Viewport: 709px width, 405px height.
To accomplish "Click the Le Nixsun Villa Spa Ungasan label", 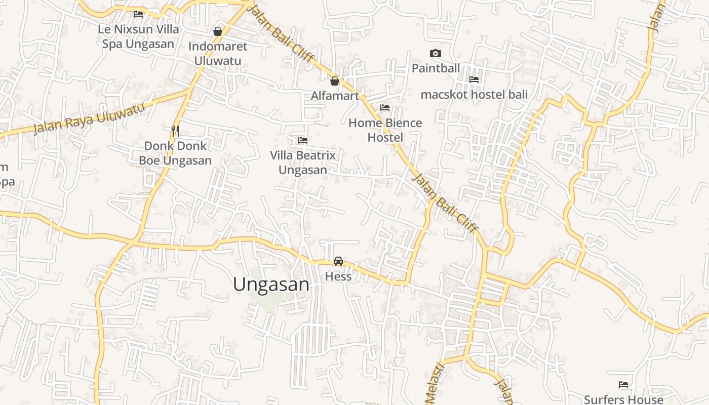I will (138, 36).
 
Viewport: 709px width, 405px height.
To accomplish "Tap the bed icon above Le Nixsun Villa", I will (138, 14).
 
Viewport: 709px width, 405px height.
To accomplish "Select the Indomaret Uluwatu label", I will (218, 54).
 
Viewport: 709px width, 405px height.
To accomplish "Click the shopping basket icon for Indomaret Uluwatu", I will (218, 31).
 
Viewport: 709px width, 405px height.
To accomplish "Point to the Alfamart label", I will (335, 96).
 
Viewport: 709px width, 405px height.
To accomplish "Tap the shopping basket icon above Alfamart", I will (335, 80).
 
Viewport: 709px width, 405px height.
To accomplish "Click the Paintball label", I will (436, 68).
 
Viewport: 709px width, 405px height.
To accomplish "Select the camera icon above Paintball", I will (436, 53).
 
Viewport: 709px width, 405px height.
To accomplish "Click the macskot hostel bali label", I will (474, 95).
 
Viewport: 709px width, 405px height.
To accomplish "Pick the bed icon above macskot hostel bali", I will (474, 79).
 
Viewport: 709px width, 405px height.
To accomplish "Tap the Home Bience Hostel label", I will (385, 130).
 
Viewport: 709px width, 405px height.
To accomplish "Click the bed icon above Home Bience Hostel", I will (385, 108).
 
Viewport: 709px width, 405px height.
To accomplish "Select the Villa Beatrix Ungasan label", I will (303, 163).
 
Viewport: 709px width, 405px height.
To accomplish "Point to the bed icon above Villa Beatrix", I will (303, 140).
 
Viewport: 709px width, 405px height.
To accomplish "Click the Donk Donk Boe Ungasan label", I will (175, 153).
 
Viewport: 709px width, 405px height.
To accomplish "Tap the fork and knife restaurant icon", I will (175, 131).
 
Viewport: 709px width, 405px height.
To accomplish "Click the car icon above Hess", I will (338, 261).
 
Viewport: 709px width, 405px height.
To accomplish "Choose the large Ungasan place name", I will (271, 285).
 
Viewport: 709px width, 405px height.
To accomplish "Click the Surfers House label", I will (623, 399).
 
